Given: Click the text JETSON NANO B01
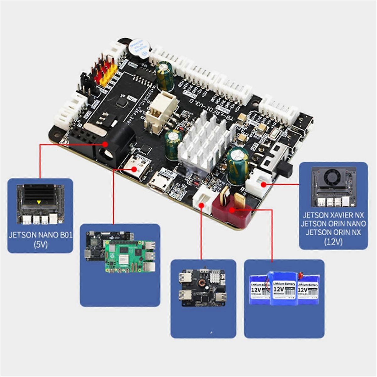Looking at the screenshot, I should coord(41,235).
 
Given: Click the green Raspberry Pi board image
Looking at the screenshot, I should coord(129,256).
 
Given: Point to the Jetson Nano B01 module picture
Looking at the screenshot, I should coord(40,205).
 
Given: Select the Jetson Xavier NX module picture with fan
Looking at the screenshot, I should coord(333,187).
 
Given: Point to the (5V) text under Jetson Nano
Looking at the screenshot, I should coord(41,244).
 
